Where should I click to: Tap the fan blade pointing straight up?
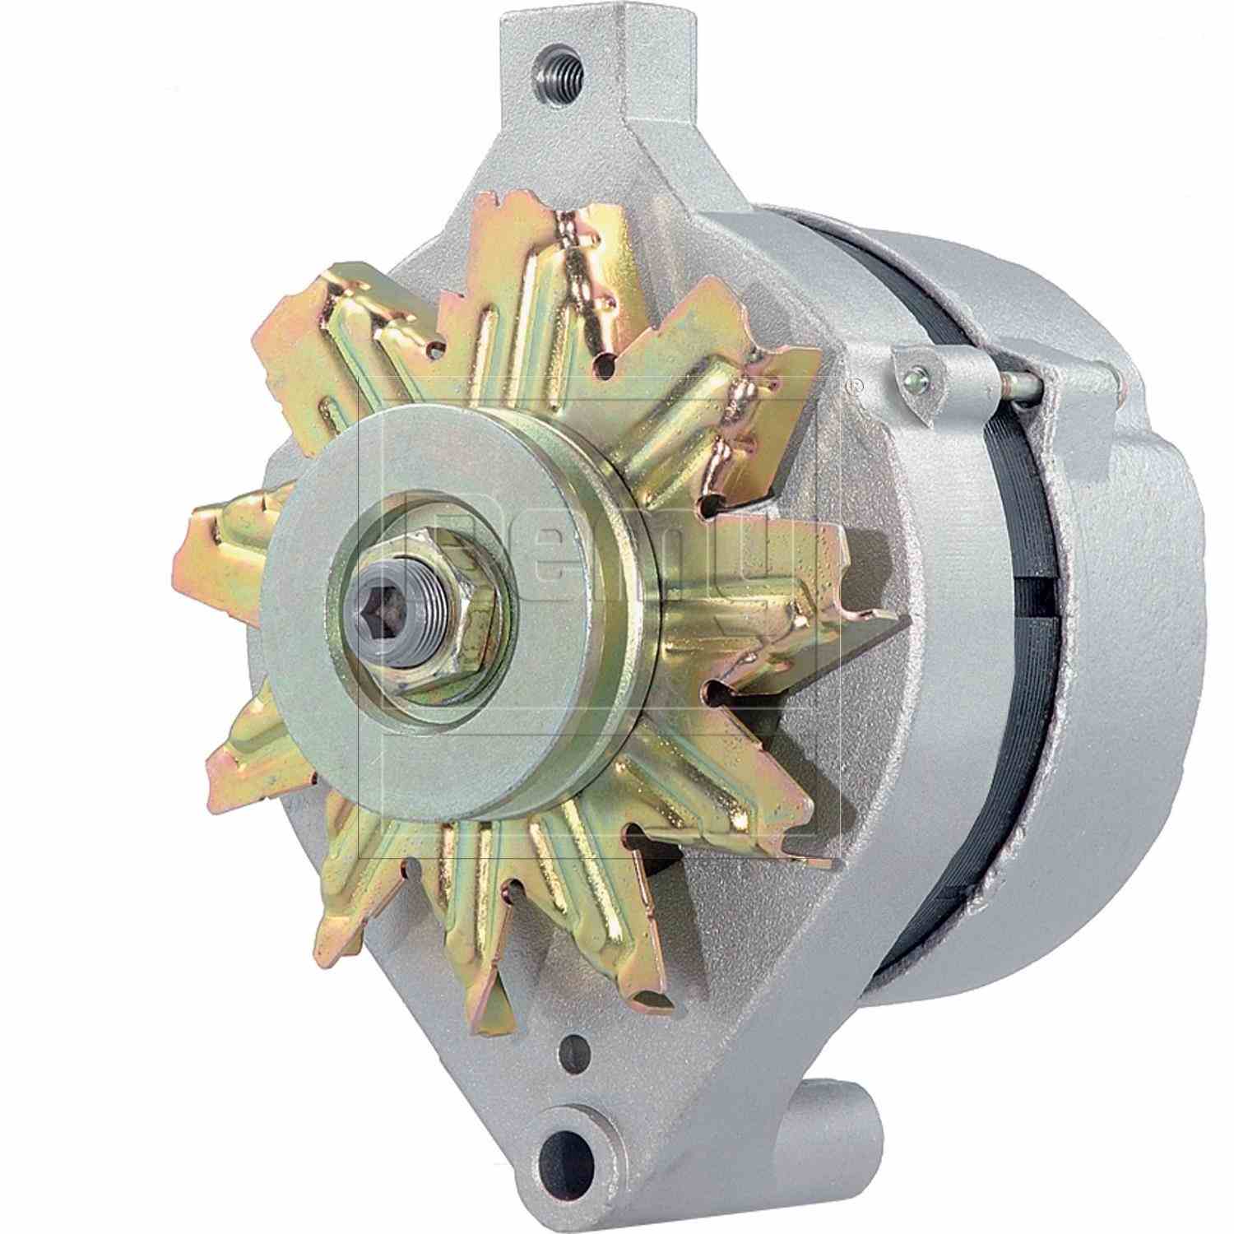[568, 271]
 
